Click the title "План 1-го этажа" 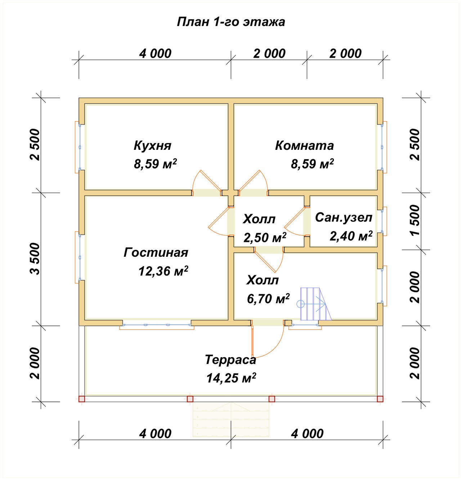tap(231, 22)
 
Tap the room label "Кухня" tap(152, 145)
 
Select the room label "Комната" tap(304, 145)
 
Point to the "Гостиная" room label tap(156, 252)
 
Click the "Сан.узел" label tap(343, 217)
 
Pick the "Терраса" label tap(230, 359)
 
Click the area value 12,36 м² tap(163, 271)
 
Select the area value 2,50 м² tap(265, 237)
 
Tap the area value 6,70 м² tap(268, 299)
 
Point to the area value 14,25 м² tap(231, 378)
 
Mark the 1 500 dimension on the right tap(415, 220)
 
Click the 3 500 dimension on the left tap(35, 259)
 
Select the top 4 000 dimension tap(155, 54)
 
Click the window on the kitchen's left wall tap(80, 147)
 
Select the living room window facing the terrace tap(157, 325)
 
